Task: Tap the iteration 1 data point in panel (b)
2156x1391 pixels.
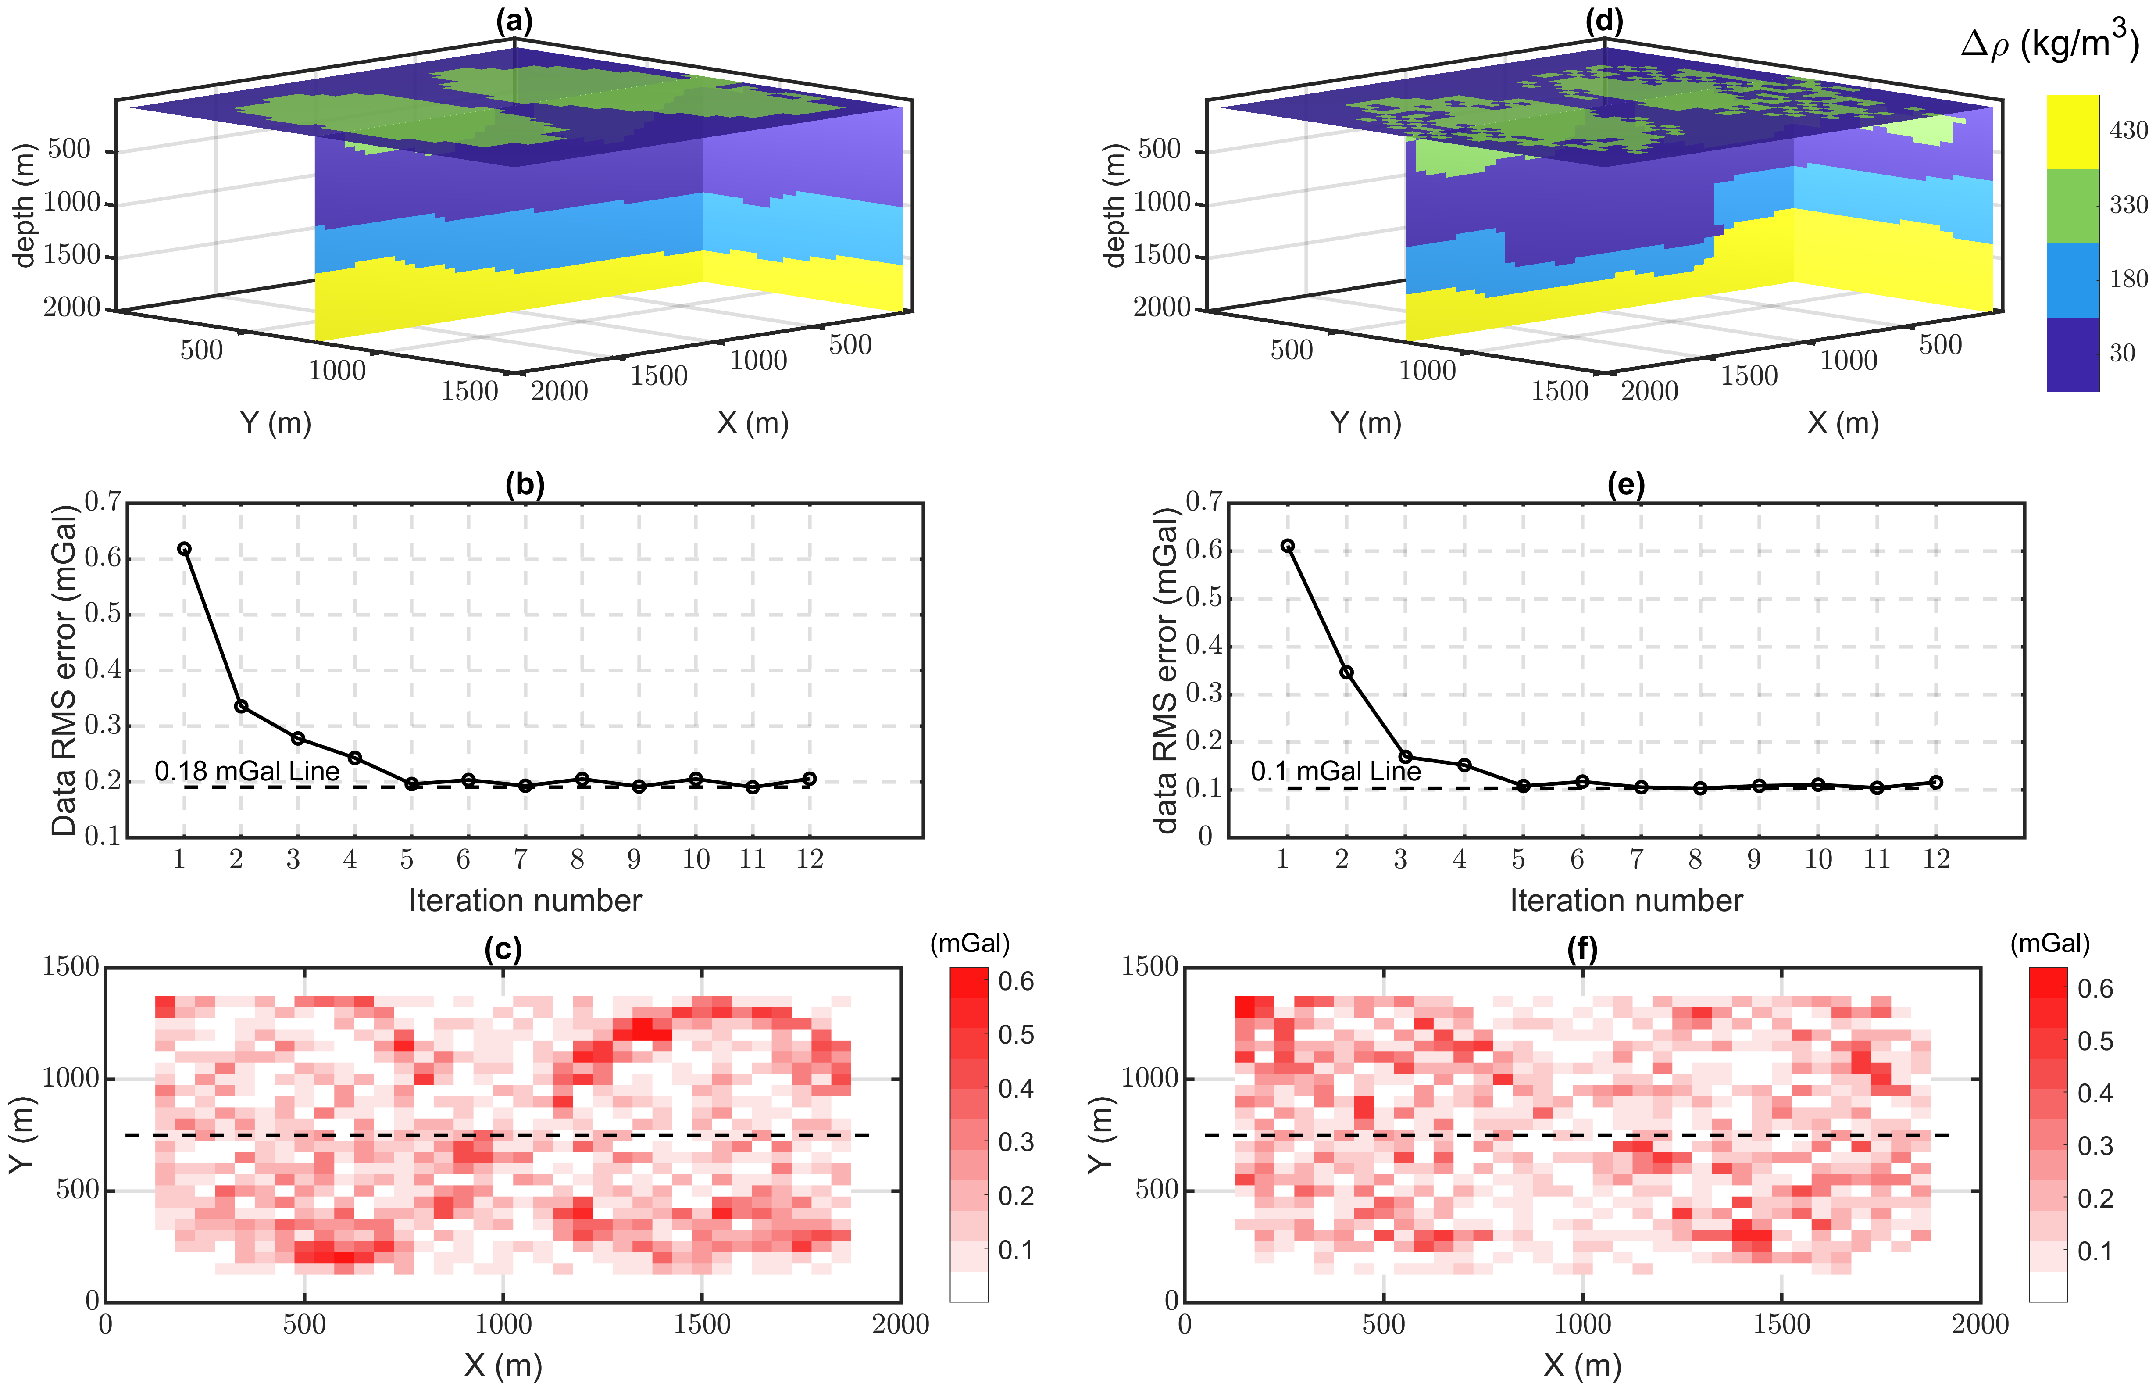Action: pos(184,548)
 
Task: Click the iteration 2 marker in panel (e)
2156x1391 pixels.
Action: pos(1346,672)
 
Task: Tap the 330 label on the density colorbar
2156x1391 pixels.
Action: pos(2128,205)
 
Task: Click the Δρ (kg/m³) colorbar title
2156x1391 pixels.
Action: pos(2049,43)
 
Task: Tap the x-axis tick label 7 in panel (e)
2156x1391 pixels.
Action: pos(1636,859)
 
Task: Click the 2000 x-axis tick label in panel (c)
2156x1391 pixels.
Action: pos(900,1324)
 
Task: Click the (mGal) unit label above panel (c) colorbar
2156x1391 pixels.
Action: pos(970,943)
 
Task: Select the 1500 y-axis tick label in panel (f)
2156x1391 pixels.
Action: pos(1149,966)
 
